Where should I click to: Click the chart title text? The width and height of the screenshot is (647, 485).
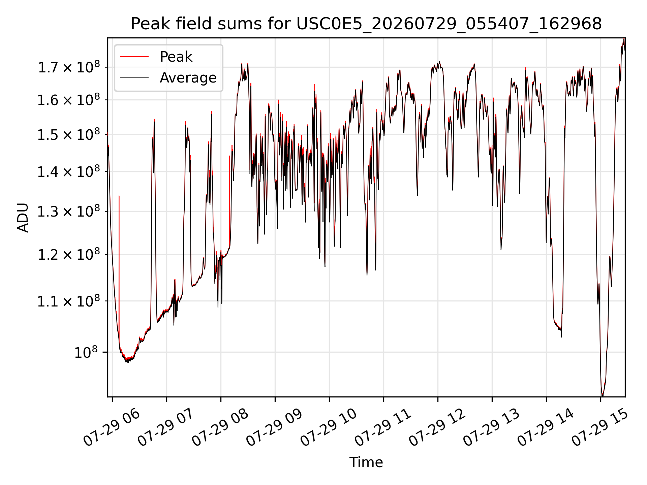pyautogui.click(x=366, y=24)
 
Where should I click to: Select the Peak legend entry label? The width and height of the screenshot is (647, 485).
pyautogui.click(x=176, y=57)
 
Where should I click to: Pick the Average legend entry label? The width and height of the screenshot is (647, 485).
pyautogui.click(x=188, y=78)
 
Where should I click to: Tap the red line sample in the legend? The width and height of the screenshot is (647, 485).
pyautogui.click(x=134, y=57)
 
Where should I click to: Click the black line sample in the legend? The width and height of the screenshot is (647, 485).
pyautogui.click(x=134, y=78)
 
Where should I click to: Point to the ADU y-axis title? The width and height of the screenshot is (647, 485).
pyautogui.click(x=23, y=218)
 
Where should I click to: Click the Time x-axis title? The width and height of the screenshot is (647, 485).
pyautogui.click(x=366, y=462)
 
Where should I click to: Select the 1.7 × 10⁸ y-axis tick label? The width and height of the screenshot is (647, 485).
pyautogui.click(x=69, y=67)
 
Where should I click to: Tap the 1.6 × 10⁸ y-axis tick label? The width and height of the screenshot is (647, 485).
pyautogui.click(x=69, y=100)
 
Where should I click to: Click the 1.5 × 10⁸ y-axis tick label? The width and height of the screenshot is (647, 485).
pyautogui.click(x=69, y=134)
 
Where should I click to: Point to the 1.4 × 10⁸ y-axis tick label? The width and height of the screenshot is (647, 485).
pyautogui.click(x=69, y=171)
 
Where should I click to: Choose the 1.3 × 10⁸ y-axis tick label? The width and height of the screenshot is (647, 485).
pyautogui.click(x=69, y=212)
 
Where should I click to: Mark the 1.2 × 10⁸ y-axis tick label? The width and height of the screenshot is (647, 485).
pyautogui.click(x=69, y=254)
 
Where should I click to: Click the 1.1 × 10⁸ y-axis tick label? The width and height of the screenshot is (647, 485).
pyautogui.click(x=69, y=301)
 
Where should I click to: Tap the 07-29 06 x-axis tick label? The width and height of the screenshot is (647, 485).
pyautogui.click(x=112, y=427)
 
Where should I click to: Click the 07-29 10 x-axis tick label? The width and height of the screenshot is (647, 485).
pyautogui.click(x=329, y=427)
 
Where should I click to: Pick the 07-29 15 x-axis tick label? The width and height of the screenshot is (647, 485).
pyautogui.click(x=600, y=427)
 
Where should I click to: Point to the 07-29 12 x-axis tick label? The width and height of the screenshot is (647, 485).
pyautogui.click(x=437, y=427)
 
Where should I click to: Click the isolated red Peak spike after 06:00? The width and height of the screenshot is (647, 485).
pyautogui.click(x=119, y=269)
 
